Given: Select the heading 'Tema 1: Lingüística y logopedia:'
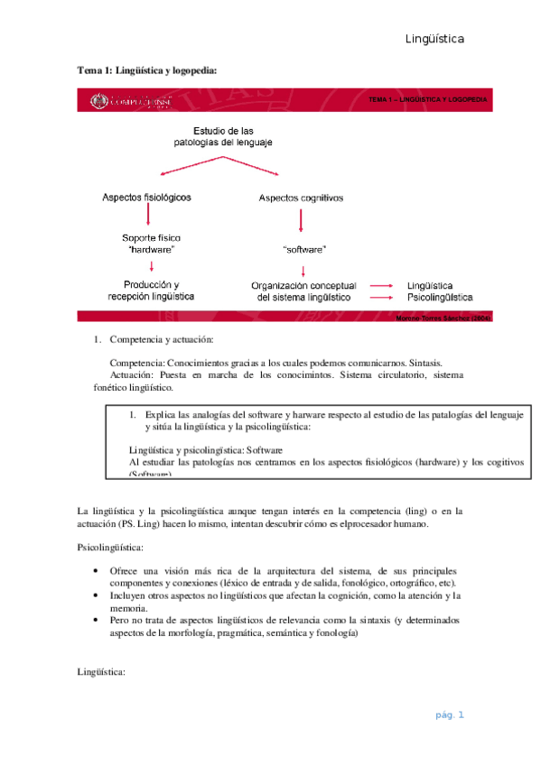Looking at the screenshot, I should pyautogui.click(x=147, y=69).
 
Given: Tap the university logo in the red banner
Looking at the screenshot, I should pyautogui.click(x=98, y=102).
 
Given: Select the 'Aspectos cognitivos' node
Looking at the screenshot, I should pyautogui.click(x=301, y=197).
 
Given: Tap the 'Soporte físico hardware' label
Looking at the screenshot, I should pyautogui.click(x=152, y=243).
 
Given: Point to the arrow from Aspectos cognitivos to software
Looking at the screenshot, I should pyautogui.click(x=302, y=221).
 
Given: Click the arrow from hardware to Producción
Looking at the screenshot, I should pyautogui.click(x=152, y=266).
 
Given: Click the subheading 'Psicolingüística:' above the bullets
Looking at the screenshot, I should pyautogui.click(x=109, y=547).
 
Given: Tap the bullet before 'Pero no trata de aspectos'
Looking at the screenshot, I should pyautogui.click(x=97, y=621).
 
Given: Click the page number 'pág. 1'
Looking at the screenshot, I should pyautogui.click(x=449, y=715).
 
